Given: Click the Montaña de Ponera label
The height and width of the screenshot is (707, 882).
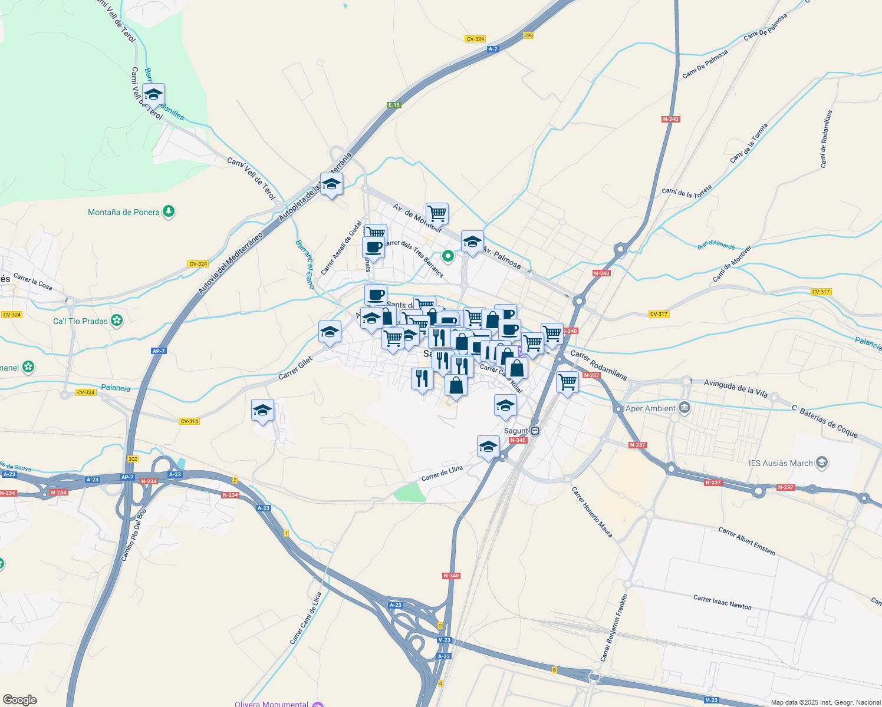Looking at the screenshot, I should pos(123,212).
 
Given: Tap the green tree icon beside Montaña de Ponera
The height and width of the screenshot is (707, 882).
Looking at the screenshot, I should pos(169,211).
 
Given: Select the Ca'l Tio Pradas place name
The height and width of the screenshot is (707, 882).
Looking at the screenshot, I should pos(80,321).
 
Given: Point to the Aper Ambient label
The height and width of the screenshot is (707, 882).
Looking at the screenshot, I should pos(650,408).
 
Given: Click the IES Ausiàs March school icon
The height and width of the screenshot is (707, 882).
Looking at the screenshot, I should pos(822,463).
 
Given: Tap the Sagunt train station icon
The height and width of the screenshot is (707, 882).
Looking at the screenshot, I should pos(535,431).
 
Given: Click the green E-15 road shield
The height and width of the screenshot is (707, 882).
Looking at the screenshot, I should pos(394,105).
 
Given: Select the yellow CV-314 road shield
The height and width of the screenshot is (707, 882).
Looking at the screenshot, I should pos(189,421).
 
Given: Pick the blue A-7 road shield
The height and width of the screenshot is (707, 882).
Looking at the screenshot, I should pos(493,49).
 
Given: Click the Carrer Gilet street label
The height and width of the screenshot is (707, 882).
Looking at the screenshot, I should pos(295,368).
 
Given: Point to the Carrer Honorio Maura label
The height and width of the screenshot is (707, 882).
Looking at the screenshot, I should pos(592,512).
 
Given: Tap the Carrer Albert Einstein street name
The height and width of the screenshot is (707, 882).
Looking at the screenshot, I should pos(747,541).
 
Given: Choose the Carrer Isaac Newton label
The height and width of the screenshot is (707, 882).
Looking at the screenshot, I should pos(722,602).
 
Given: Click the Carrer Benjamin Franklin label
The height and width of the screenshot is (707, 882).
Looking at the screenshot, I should pos(614,627).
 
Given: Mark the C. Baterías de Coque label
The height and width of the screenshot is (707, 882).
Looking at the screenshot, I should pos(824,421).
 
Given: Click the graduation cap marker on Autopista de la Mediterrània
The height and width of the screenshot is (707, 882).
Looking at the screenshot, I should pos(331,184).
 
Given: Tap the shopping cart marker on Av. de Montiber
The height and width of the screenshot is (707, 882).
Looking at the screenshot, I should pos(437,213).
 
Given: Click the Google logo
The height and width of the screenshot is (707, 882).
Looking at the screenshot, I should pos(19,699).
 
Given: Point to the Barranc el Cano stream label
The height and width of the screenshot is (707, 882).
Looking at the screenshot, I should pos(305,265).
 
